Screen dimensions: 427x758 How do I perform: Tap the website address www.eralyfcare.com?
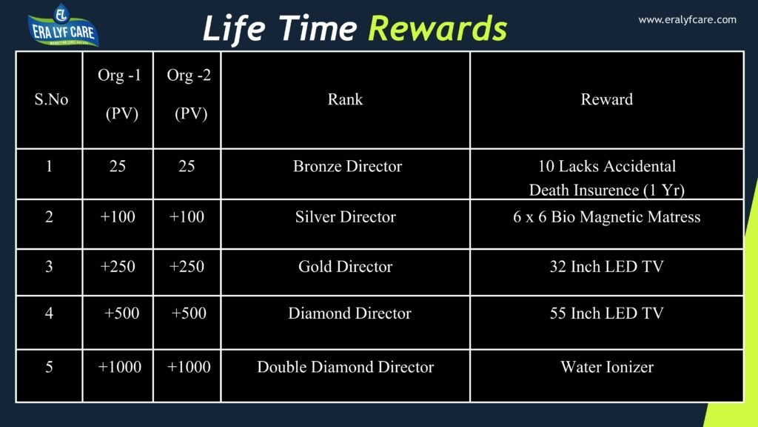(687, 20)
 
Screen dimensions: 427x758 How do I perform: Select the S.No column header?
(51, 99)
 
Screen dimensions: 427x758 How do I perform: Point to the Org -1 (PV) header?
(119, 95)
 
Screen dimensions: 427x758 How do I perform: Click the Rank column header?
(345, 99)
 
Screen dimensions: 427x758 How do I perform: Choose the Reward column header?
(606, 99)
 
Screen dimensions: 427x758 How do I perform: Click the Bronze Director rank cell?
(347, 166)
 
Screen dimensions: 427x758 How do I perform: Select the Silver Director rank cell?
(345, 217)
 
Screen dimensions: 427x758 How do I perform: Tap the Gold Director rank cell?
(345, 266)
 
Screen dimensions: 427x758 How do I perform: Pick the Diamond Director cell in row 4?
(349, 313)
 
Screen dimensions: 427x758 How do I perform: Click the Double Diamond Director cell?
(345, 367)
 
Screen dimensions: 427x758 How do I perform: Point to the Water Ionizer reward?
(606, 367)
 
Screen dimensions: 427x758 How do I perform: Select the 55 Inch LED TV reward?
(606, 313)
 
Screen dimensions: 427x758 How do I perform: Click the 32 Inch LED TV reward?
(606, 266)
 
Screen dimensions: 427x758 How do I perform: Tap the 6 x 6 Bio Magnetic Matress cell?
(606, 217)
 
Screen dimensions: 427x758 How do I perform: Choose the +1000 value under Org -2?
(189, 367)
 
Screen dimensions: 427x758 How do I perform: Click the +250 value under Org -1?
(118, 266)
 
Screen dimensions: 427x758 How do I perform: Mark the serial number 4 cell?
(49, 313)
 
